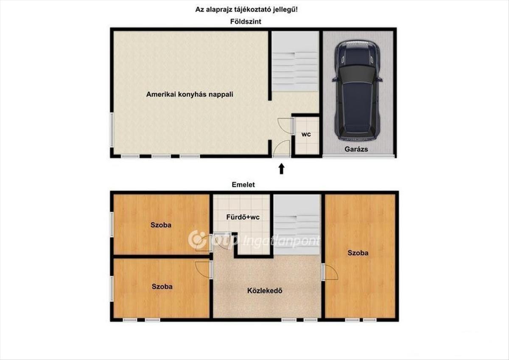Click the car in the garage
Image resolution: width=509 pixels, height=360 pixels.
[x=358, y=90]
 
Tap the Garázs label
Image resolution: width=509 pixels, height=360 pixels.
[x=356, y=149]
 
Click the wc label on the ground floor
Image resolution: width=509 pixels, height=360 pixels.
[x=306, y=134]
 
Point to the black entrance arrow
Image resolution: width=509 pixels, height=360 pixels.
[x=282, y=169]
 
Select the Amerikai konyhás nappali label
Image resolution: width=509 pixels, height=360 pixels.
[x=190, y=94]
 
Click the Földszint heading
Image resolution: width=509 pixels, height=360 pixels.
[x=246, y=22]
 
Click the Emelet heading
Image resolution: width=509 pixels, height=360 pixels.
[x=243, y=185]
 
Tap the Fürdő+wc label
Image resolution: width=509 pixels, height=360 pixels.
[x=243, y=217]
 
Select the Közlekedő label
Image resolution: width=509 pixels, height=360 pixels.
[x=265, y=291]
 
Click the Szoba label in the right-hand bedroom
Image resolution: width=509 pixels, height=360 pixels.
[x=358, y=253]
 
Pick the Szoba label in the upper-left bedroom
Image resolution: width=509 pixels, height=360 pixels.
[x=161, y=225]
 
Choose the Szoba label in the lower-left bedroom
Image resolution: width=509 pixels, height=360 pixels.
[x=162, y=287]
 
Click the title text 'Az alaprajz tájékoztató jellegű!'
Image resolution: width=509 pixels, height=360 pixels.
[x=246, y=10]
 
